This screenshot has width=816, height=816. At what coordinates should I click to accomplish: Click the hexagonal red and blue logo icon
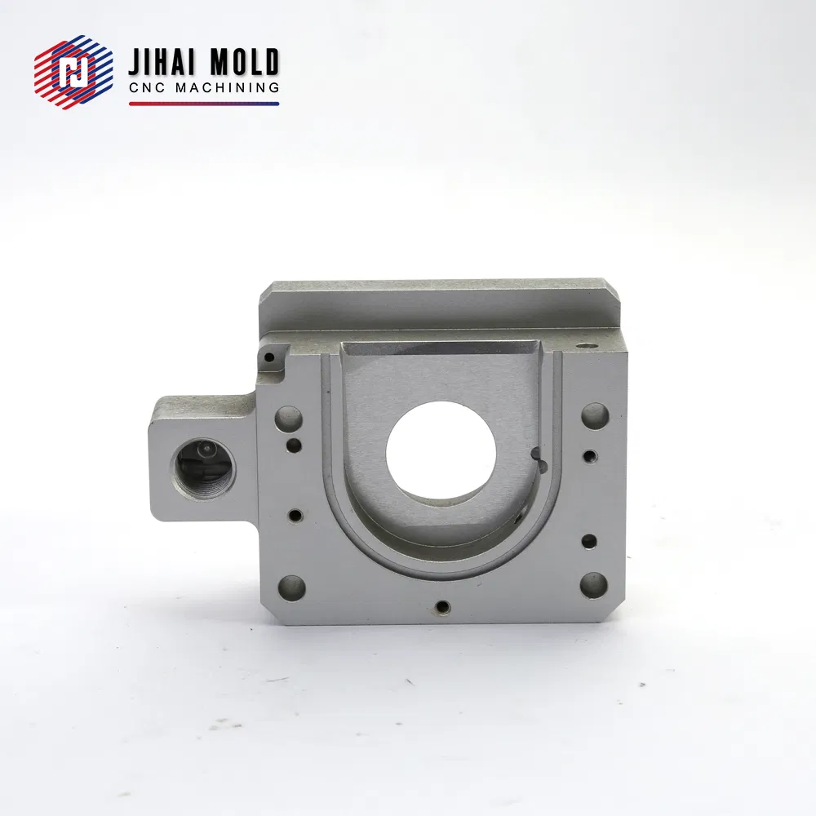[x=73, y=72]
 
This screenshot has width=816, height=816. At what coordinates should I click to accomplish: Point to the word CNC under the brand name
[x=147, y=88]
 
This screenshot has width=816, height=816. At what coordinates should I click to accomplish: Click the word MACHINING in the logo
[x=227, y=88]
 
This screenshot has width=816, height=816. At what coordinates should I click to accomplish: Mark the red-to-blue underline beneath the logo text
[x=204, y=104]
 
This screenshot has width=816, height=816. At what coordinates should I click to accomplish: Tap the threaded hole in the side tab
[x=202, y=468]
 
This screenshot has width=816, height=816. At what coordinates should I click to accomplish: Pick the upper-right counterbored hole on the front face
[x=595, y=415]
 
